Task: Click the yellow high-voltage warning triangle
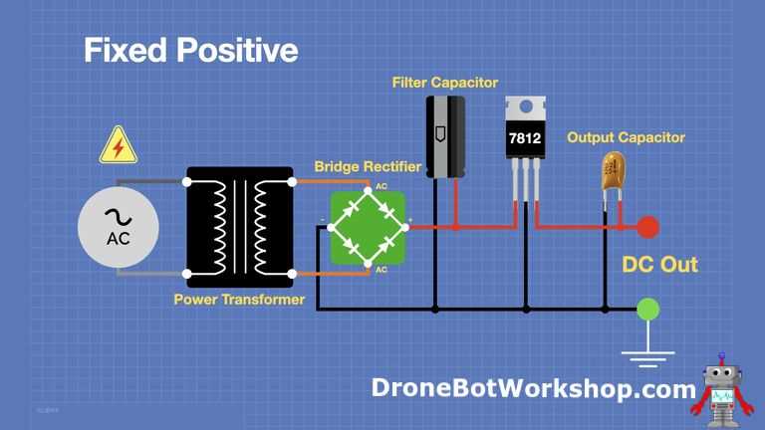pyautogui.click(x=119, y=145)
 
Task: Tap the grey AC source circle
pyautogui.click(x=119, y=227)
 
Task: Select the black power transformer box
pyautogui.click(x=240, y=227)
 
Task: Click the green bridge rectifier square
pyautogui.click(x=369, y=228)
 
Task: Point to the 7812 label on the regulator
pyautogui.click(x=525, y=138)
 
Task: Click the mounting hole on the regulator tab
pyautogui.click(x=526, y=107)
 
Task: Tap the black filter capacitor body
pyautogui.click(x=445, y=137)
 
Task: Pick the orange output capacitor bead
pyautogui.click(x=613, y=170)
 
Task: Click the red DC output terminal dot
pyautogui.click(x=647, y=227)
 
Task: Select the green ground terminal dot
pyautogui.click(x=647, y=310)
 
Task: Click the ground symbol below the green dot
pyautogui.click(x=647, y=358)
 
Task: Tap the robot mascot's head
pyautogui.click(x=721, y=375)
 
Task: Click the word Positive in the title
pyautogui.click(x=237, y=50)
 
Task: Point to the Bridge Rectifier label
pyautogui.click(x=368, y=167)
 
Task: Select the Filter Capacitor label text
pyautogui.click(x=445, y=83)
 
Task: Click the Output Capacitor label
pyautogui.click(x=626, y=137)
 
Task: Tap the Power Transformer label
pyautogui.click(x=239, y=300)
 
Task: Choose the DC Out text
pyautogui.click(x=659, y=264)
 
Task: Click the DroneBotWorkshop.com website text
pyautogui.click(x=533, y=388)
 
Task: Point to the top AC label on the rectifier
pyautogui.click(x=382, y=186)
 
